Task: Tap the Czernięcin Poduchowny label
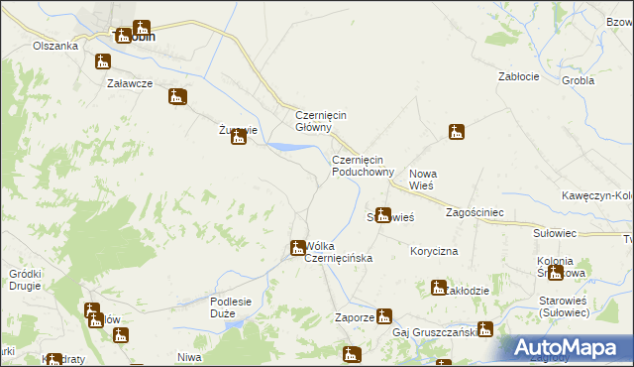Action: pos(363,165)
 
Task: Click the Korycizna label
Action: pos(434,252)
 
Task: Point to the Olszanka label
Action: pos(55,46)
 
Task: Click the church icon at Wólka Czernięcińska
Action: pos(297,247)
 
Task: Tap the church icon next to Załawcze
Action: pos(178,97)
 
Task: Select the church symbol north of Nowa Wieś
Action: pos(456,131)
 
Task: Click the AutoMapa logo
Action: pos(564,347)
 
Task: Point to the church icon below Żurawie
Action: pos(238,138)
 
